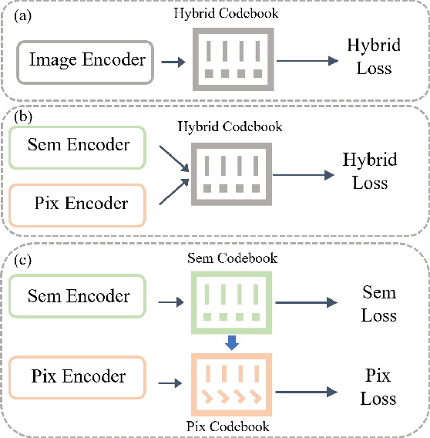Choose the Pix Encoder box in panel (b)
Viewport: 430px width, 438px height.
78,204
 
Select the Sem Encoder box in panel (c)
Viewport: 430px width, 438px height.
78,297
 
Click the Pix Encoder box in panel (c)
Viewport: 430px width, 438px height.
78,377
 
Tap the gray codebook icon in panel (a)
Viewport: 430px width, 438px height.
233,56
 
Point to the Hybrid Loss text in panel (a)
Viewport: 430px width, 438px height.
374,56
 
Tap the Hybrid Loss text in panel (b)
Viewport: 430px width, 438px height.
369,171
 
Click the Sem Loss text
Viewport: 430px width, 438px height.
378,304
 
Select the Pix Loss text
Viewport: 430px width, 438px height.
378,387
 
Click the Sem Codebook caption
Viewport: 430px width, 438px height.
233,258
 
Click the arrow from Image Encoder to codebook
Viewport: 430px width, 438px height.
176,60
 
